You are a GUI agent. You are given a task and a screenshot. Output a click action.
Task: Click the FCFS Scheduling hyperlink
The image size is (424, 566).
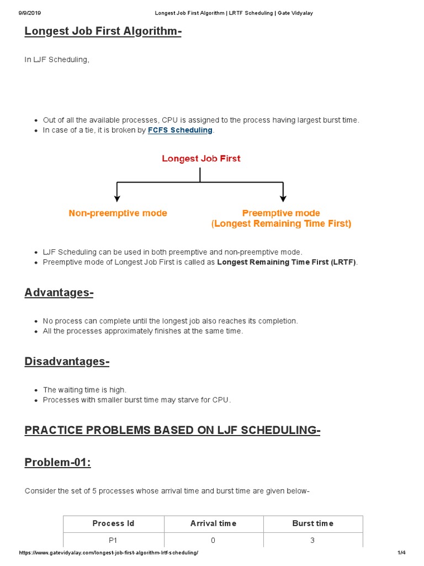180,130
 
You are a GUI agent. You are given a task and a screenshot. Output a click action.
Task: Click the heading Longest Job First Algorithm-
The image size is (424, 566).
103,32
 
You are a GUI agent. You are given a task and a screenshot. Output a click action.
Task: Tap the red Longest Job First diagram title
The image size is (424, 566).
201,159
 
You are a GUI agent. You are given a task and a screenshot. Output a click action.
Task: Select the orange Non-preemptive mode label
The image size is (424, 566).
118,213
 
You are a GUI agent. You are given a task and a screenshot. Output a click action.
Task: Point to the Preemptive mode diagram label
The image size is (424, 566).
281,213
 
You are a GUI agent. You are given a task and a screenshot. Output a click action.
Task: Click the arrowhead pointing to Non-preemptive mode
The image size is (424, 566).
116,197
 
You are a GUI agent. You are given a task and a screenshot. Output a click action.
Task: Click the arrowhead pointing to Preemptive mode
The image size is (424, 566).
283,197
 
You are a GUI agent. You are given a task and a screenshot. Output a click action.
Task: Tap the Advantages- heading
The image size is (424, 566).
59,292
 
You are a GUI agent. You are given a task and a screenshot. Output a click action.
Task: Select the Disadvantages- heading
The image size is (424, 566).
67,361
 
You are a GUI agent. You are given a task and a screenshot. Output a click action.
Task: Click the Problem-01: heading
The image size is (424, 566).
57,463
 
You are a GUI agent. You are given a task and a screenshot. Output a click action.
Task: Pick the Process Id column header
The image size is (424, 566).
113,523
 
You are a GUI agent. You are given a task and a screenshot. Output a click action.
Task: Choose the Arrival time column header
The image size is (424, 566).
213,523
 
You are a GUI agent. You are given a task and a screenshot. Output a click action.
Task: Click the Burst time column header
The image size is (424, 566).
312,523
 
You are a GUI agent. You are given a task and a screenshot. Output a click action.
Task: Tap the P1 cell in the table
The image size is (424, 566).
113,540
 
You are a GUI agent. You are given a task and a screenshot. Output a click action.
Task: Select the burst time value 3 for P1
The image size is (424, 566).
312,540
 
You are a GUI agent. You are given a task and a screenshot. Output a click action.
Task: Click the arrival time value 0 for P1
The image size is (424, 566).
213,540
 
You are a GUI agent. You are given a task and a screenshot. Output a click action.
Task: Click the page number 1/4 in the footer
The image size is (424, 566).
401,553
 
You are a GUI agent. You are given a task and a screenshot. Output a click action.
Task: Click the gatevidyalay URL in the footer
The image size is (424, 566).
108,553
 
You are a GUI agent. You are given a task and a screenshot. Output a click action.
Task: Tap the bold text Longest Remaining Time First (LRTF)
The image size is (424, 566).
287,262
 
